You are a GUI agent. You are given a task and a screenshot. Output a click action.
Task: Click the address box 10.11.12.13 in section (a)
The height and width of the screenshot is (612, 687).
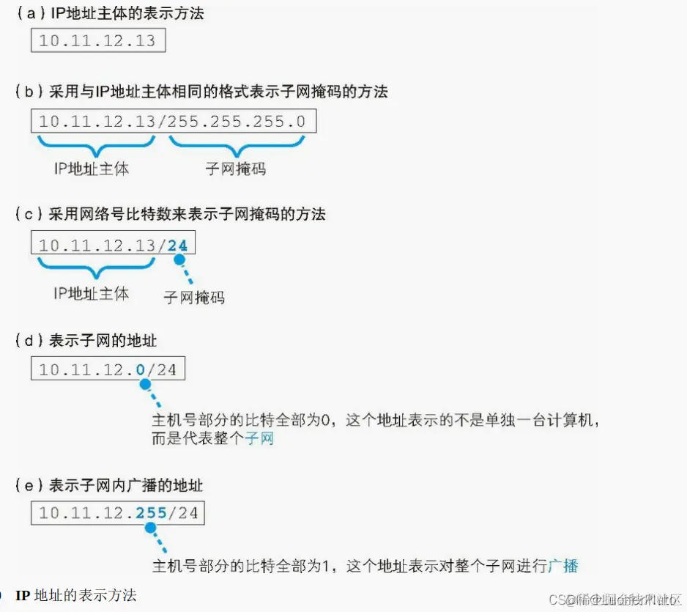coord(97,40)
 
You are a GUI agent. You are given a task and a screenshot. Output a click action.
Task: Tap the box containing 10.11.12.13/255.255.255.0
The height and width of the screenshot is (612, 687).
coord(173,122)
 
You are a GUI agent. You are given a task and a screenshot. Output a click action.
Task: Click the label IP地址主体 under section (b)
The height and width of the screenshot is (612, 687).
coord(92,169)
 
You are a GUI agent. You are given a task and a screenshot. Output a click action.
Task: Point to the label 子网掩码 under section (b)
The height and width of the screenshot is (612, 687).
coord(235,169)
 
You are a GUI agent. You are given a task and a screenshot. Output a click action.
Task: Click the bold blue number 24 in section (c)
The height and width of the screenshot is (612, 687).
coord(177,245)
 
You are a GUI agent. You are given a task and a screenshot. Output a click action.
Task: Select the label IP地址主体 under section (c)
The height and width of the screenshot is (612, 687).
coord(92,293)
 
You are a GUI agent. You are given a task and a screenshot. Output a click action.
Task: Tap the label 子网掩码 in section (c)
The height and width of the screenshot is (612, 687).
coord(193,297)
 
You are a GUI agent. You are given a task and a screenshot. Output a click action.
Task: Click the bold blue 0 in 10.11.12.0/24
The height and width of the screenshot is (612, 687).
coord(141,369)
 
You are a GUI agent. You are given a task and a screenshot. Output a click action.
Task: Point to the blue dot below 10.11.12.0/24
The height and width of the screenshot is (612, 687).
coord(144,383)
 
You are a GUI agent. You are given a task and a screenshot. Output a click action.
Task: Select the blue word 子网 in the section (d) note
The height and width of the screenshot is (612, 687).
coord(259,439)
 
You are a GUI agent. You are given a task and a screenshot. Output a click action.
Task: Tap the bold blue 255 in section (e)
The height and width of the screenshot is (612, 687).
coord(152,512)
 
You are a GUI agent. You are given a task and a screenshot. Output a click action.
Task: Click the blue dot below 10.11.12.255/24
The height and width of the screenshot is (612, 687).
coord(151,527)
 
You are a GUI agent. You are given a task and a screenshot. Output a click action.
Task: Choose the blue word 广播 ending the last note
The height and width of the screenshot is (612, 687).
coord(563,565)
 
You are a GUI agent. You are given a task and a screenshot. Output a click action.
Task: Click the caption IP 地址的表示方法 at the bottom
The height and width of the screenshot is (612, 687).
coord(76,594)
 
